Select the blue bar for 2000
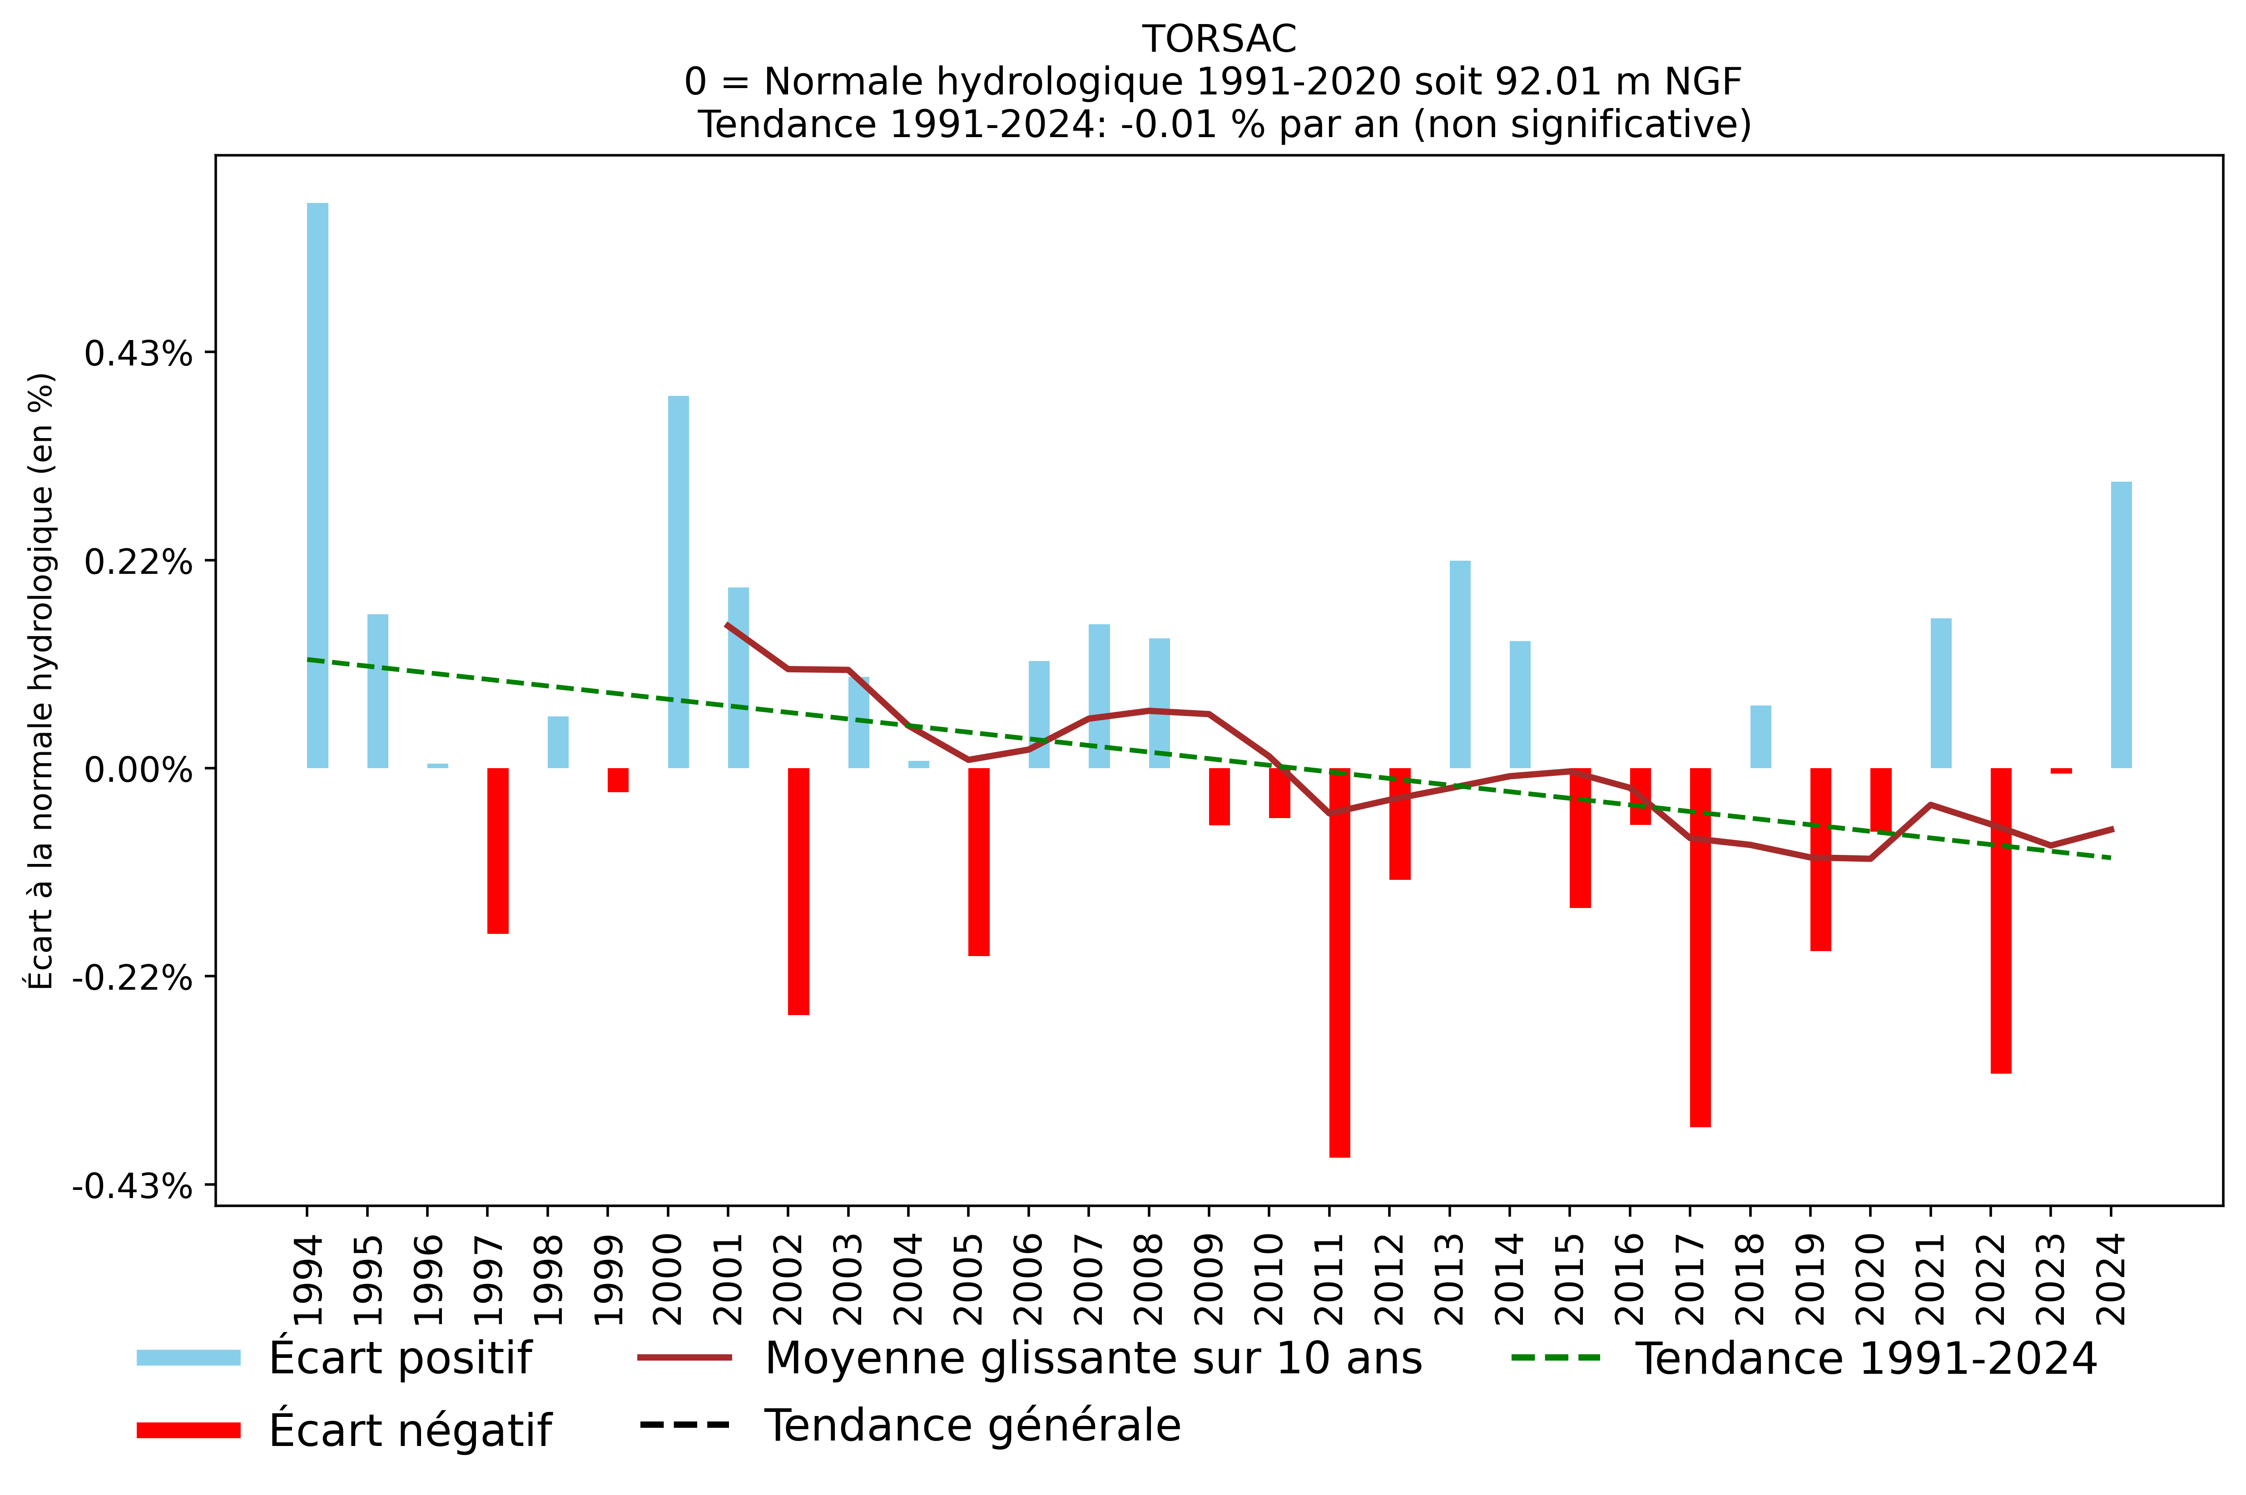pos(678,582)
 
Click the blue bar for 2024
pos(2121,625)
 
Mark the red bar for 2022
pos(2001,920)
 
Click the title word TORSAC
pos(1219,39)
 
